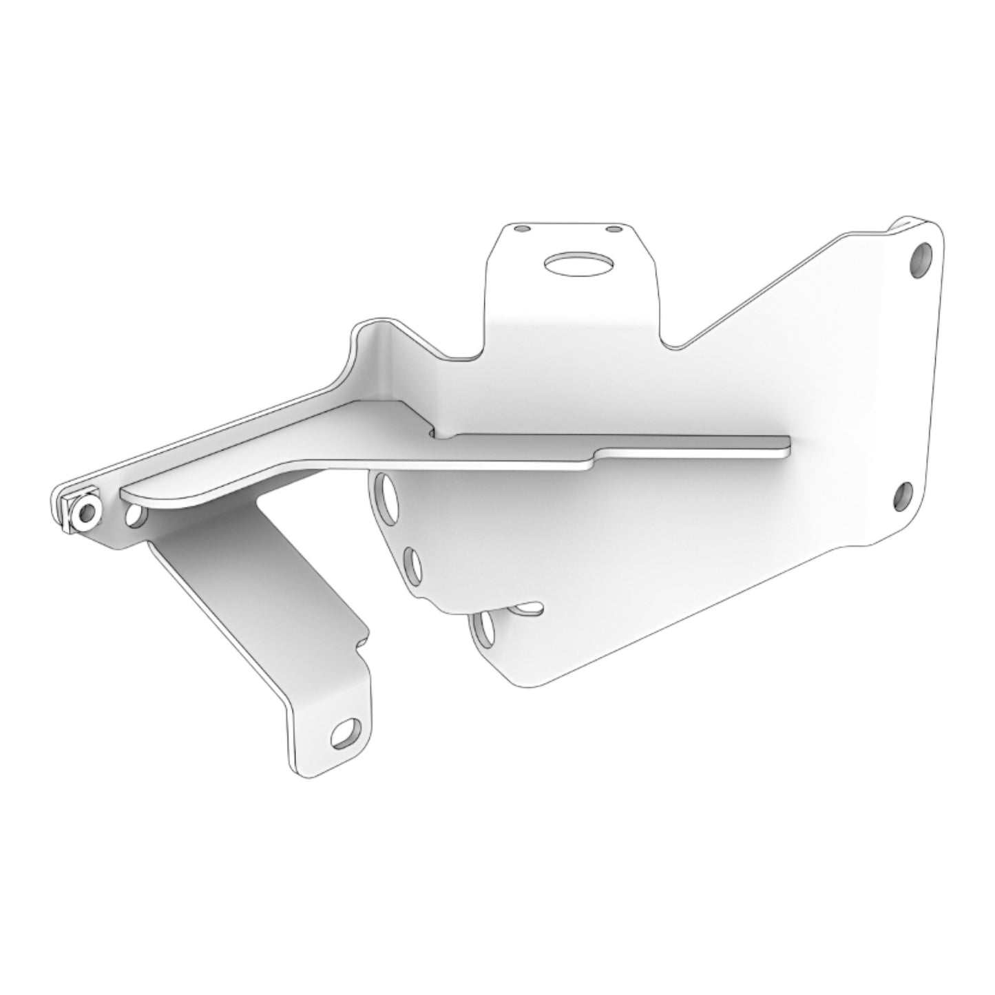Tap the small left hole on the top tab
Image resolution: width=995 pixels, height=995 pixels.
(523, 228)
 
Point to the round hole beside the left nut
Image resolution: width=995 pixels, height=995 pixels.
(136, 516)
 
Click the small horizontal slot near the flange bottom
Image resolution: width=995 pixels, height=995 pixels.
(529, 608)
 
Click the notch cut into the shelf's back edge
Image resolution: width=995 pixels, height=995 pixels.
(434, 434)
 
